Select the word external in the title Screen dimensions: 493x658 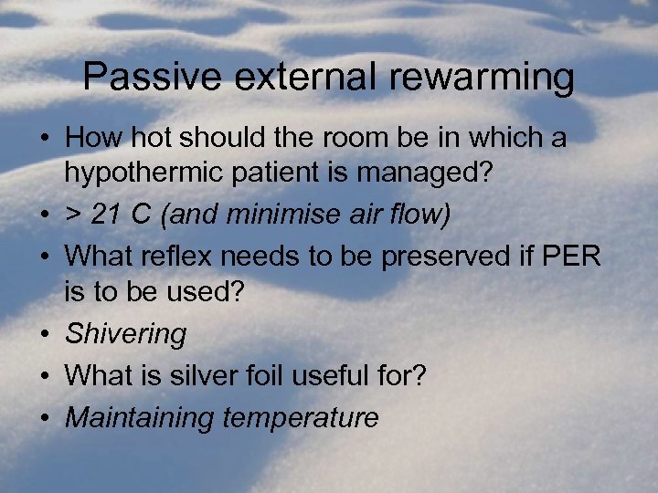(291, 78)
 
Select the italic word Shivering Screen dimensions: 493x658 (125, 334)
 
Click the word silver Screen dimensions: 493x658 (237, 375)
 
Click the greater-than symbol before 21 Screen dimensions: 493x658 (74, 215)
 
